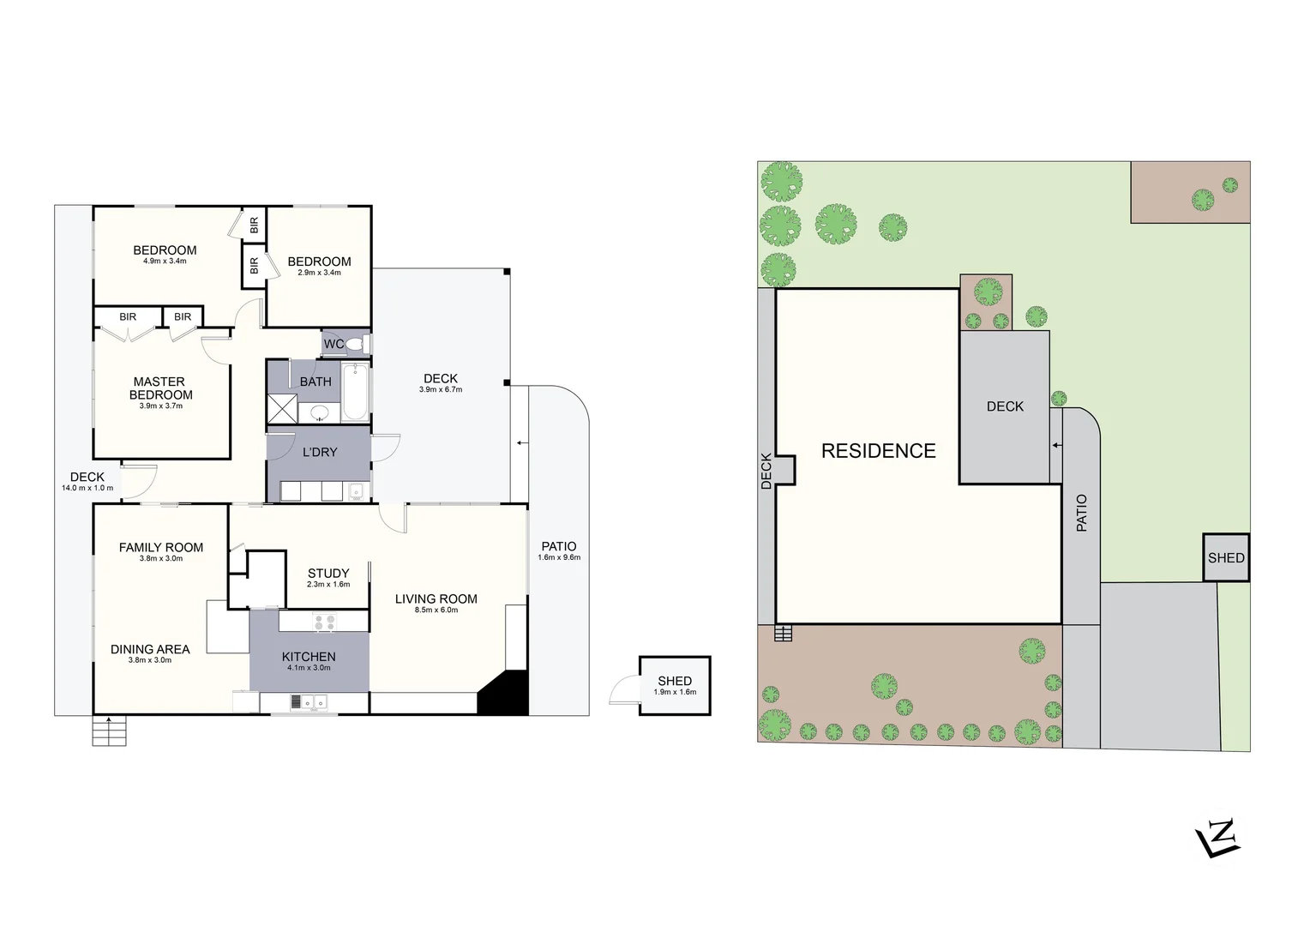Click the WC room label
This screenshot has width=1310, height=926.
click(x=334, y=344)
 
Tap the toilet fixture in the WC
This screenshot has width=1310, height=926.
click(x=357, y=345)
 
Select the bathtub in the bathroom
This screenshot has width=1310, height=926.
click(x=355, y=393)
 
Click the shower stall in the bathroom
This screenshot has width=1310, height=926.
click(x=280, y=408)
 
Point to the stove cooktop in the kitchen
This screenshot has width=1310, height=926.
click(x=324, y=622)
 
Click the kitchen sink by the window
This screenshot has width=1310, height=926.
click(x=307, y=701)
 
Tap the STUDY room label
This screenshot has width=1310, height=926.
click(x=328, y=573)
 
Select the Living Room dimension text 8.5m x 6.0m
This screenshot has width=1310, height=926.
click(x=436, y=610)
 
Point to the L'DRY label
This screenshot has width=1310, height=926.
click(x=320, y=452)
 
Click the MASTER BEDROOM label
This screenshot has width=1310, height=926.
click(x=160, y=388)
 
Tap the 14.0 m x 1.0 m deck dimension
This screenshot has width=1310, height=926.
click(x=87, y=489)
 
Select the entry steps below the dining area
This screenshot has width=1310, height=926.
click(x=109, y=731)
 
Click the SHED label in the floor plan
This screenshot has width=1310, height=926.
click(x=675, y=681)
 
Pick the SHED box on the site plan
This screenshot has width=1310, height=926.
click(x=1226, y=557)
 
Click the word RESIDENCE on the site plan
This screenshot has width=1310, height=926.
click(x=878, y=451)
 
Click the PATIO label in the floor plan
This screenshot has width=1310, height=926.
click(x=559, y=546)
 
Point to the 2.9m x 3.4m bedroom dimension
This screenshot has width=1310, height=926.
click(x=319, y=274)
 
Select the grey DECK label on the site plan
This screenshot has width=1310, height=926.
click(x=1005, y=406)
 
